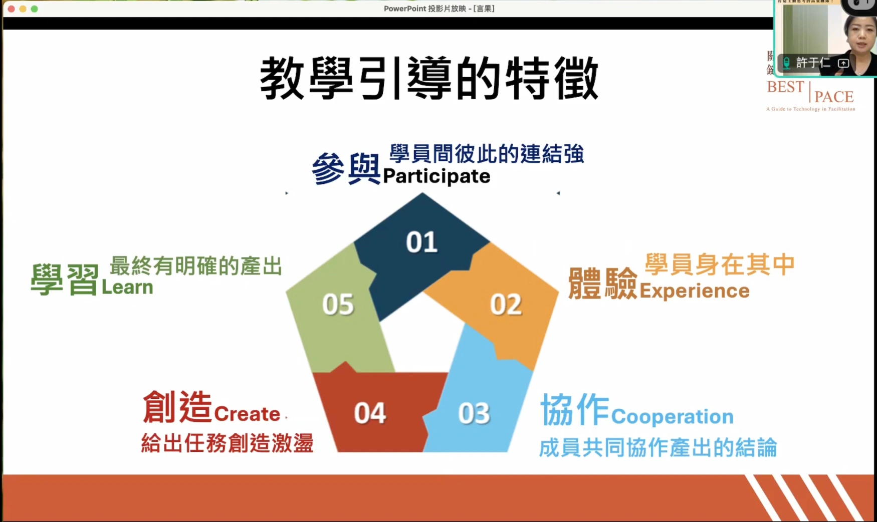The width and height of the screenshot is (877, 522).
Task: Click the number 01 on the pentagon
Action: pyautogui.click(x=421, y=242)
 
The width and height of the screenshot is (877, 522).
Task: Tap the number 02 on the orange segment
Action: pyautogui.click(x=506, y=305)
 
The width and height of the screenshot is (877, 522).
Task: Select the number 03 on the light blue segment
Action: pyautogui.click(x=474, y=414)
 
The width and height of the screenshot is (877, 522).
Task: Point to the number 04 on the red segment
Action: pyautogui.click(x=370, y=414)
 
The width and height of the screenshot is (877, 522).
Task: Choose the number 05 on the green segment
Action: pyautogui.click(x=338, y=305)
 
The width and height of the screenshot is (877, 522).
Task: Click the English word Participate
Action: pyautogui.click(x=436, y=176)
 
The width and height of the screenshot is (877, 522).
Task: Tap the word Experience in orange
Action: pyautogui.click(x=695, y=291)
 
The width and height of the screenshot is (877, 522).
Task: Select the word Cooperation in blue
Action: pyautogui.click(x=672, y=417)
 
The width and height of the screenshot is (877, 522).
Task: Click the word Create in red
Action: pyautogui.click(x=247, y=414)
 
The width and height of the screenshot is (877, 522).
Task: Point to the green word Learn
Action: pyautogui.click(x=127, y=288)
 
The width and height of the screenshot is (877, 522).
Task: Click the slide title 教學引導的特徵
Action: pyautogui.click(x=429, y=79)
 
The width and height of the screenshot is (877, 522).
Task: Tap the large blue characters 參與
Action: pyautogui.click(x=346, y=169)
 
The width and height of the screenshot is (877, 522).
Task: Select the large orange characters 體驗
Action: pyautogui.click(x=602, y=284)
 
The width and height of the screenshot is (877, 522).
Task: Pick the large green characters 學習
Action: pyautogui.click(x=65, y=280)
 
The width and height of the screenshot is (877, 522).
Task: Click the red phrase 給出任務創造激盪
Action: pyautogui.click(x=227, y=443)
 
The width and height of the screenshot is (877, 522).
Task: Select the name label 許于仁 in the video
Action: pyautogui.click(x=813, y=63)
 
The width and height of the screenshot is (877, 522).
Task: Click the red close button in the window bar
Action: pyautogui.click(x=11, y=9)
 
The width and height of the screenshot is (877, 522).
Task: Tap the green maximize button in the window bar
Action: pyautogui.click(x=34, y=9)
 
